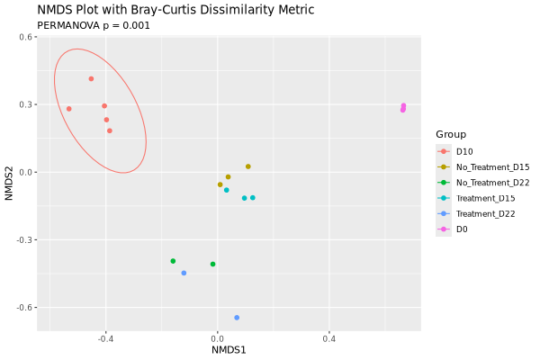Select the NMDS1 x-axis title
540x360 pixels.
click(229, 349)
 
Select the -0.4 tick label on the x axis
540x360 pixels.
click(105, 338)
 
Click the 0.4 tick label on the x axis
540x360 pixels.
click(328, 338)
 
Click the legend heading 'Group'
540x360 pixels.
click(451, 134)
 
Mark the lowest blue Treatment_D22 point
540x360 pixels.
click(237, 318)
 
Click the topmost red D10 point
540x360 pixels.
click(91, 79)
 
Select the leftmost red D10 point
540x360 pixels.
click(68, 109)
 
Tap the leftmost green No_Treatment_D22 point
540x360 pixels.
click(173, 261)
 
